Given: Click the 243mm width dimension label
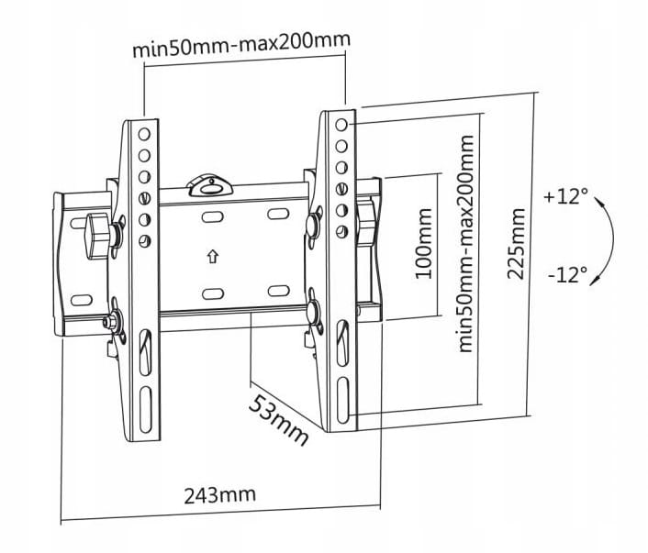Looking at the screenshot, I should tap(219, 496).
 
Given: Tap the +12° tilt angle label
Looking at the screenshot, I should tap(564, 196).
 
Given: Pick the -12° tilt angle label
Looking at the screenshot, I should tap(565, 275).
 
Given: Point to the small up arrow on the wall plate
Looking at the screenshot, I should tap(212, 257).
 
